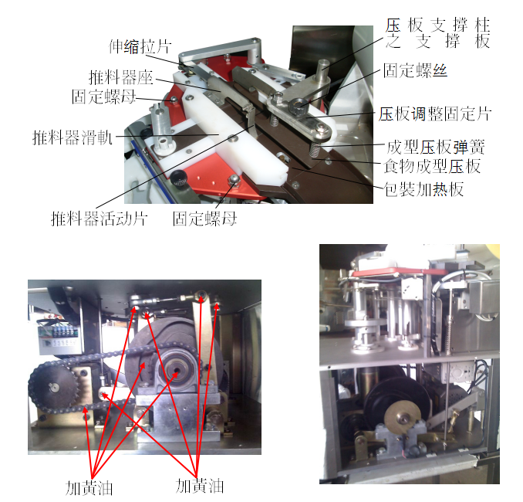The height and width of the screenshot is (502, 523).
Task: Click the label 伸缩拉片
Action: tap(140, 46)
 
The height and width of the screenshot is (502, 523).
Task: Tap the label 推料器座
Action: tap(121, 77)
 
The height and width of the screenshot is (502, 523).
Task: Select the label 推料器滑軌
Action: tap(73, 137)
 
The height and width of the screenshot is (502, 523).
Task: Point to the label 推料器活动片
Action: tap(99, 219)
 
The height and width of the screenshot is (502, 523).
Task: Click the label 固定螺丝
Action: tap(415, 70)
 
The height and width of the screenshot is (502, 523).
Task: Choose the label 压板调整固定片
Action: tap(435, 114)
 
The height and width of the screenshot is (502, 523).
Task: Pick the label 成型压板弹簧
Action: tap(436, 147)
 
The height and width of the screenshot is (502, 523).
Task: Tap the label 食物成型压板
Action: tap(432, 166)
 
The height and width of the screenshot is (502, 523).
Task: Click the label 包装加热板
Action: tap(423, 189)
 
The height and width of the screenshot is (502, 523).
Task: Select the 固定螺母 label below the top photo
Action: tap(204, 219)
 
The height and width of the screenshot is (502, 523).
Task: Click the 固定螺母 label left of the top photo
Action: tap(103, 97)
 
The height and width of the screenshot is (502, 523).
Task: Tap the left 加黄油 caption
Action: tap(89, 488)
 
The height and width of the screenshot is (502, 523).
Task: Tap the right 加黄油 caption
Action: tap(200, 486)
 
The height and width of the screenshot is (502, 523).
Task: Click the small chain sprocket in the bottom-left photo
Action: tap(53, 388)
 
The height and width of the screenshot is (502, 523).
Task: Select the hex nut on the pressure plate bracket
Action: tap(296, 106)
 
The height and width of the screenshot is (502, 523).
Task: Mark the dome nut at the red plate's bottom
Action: tap(234, 180)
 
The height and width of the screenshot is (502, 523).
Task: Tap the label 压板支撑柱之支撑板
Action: tap(437, 33)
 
